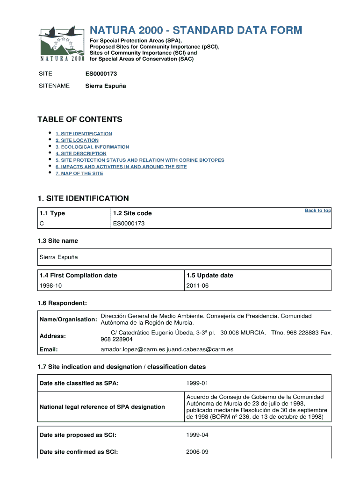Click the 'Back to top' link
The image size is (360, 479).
click(x=317, y=210)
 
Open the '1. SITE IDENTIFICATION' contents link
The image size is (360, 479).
click(x=84, y=134)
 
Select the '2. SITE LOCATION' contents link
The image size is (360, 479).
click(x=77, y=140)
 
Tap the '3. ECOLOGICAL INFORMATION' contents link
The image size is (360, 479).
click(x=92, y=147)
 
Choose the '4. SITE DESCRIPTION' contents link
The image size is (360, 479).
click(x=81, y=153)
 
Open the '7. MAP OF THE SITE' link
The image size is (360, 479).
click(x=79, y=174)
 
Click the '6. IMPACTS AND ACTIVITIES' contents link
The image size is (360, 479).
click(x=121, y=167)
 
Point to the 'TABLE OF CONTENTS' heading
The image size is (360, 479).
click(x=79, y=119)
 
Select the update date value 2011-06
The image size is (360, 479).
click(x=197, y=285)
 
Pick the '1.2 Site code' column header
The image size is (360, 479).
click(x=132, y=213)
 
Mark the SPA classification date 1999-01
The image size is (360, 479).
click(x=197, y=384)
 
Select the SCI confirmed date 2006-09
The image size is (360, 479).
click(x=197, y=452)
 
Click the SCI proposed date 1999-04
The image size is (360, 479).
click(x=197, y=435)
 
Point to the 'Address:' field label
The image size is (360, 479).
click(x=53, y=336)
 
